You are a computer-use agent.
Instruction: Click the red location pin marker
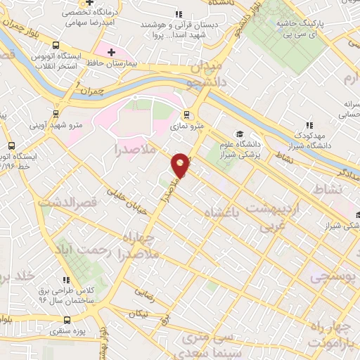tap(181, 164)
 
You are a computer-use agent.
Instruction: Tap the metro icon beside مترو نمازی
tap(186, 115)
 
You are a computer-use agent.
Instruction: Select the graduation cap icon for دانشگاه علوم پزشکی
tap(240, 134)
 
